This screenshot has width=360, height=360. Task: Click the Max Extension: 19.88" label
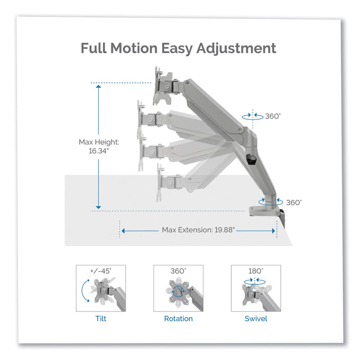(x=198, y=230)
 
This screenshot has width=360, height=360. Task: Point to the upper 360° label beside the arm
(x=273, y=116)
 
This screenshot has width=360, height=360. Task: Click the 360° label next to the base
(x=293, y=202)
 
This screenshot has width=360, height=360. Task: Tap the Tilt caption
(x=101, y=319)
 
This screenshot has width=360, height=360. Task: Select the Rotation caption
(x=178, y=319)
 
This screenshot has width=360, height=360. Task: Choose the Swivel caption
(x=256, y=319)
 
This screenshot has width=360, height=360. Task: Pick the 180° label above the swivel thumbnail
(x=256, y=271)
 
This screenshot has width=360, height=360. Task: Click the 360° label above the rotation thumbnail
(x=178, y=271)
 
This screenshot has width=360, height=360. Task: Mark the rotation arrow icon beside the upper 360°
(x=252, y=116)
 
